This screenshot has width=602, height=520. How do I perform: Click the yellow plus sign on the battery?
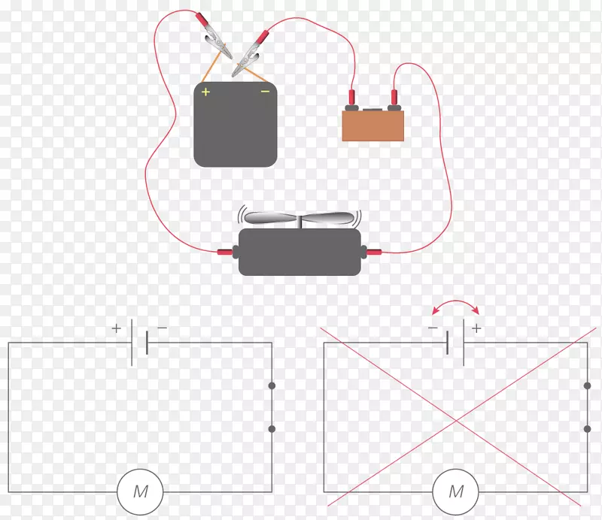coord(205,92)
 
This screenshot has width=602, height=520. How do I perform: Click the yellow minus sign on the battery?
coord(265,91)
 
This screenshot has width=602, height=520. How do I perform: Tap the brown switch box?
coord(372,125)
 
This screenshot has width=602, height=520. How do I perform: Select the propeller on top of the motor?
coord(299,219)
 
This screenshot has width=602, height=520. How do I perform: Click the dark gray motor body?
coord(299,252)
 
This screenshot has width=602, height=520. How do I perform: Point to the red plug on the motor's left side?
coord(225,252)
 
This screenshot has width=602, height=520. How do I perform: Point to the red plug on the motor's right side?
coord(374,252)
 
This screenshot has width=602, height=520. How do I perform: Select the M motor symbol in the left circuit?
coord(140,491)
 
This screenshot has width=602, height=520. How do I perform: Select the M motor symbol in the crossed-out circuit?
coord(456,491)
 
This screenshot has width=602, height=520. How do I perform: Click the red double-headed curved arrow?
coord(456,301)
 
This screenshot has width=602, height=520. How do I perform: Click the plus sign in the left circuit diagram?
coord(117,328)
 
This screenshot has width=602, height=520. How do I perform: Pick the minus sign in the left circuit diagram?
coord(162,328)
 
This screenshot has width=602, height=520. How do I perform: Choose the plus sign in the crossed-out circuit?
coord(476,328)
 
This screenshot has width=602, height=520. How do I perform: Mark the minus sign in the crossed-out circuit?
coord(433,328)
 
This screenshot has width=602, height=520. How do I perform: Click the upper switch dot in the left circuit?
coord(272,385)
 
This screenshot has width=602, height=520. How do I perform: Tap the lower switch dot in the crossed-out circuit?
coord(588,429)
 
